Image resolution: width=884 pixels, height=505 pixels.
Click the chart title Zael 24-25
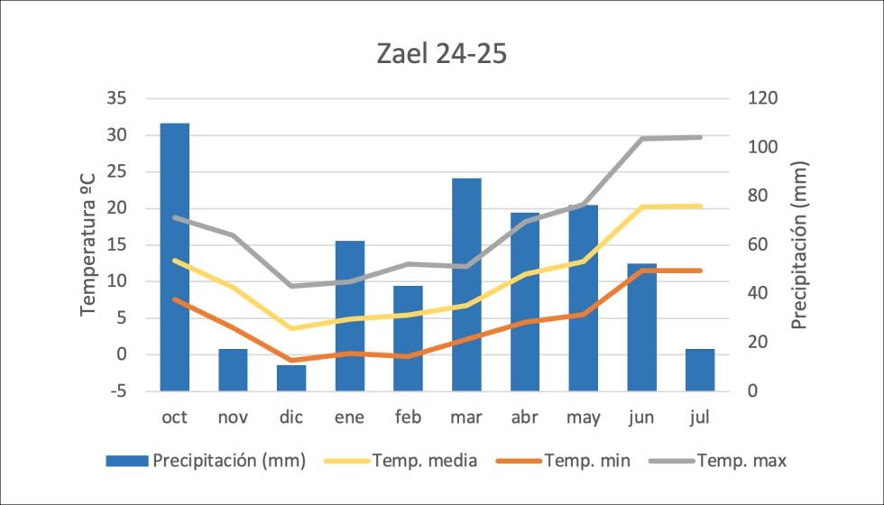pos(441,54)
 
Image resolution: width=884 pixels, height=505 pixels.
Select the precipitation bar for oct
pos(175,257)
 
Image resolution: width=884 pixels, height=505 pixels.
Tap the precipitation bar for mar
pos(466,284)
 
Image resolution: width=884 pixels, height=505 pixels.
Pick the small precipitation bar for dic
pos(291,378)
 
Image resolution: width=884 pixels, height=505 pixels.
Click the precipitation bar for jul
pos(700,370)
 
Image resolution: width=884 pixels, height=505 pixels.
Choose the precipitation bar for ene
pos(350,316)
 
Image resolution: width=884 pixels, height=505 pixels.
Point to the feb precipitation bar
pos(408,338)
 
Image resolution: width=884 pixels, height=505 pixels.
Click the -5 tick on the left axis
pos(117,391)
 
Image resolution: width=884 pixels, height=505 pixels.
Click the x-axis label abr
pos(524,418)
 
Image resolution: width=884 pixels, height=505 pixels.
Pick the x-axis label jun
pos(641,418)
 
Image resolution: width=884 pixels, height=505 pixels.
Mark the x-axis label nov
pos(233,418)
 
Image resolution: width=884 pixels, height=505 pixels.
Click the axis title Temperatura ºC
pos(88,244)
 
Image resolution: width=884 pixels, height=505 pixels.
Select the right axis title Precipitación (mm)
pos(799,244)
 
